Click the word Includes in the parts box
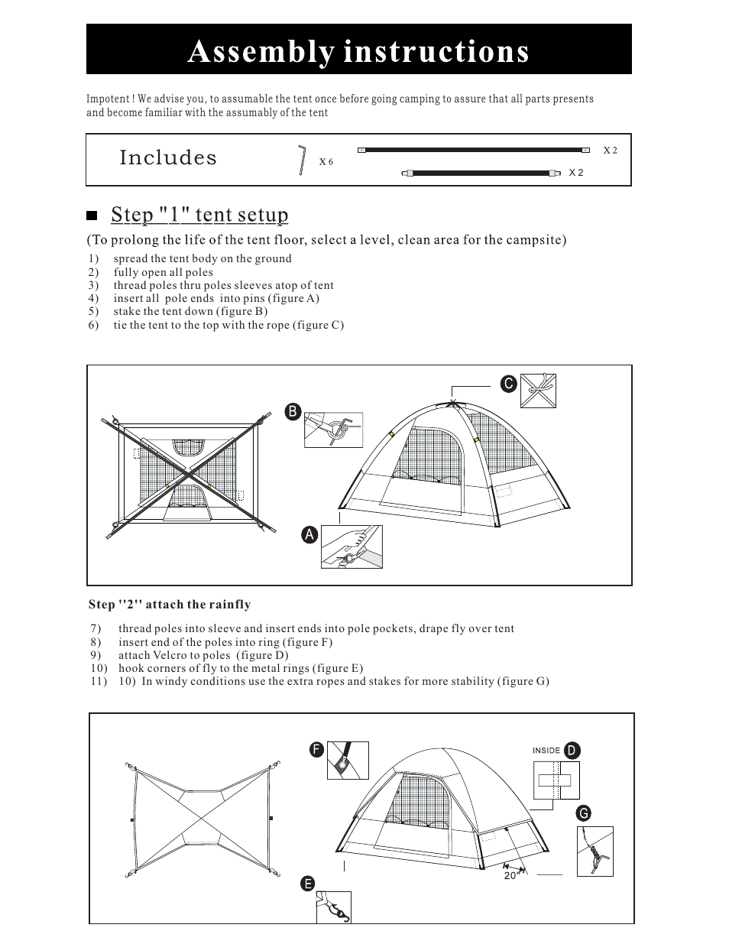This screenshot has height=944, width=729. pos(168,158)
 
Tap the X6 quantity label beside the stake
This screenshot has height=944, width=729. pos(326,162)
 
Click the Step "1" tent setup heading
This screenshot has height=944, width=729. pos(199,215)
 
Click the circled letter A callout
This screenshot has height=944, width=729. pos(309,535)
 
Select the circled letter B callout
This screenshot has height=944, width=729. pos(292,412)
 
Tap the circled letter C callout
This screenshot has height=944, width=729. pos(508,384)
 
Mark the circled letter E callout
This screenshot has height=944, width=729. pos(307,884)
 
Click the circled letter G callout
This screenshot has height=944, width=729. pos(584,814)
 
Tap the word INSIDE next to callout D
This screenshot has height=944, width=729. pos(546,751)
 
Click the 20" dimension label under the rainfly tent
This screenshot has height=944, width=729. pos(511,876)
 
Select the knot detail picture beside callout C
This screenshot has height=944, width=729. pos(537,391)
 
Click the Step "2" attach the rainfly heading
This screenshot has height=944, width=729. pos(170,605)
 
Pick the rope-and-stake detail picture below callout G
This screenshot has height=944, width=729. pos(595,851)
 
